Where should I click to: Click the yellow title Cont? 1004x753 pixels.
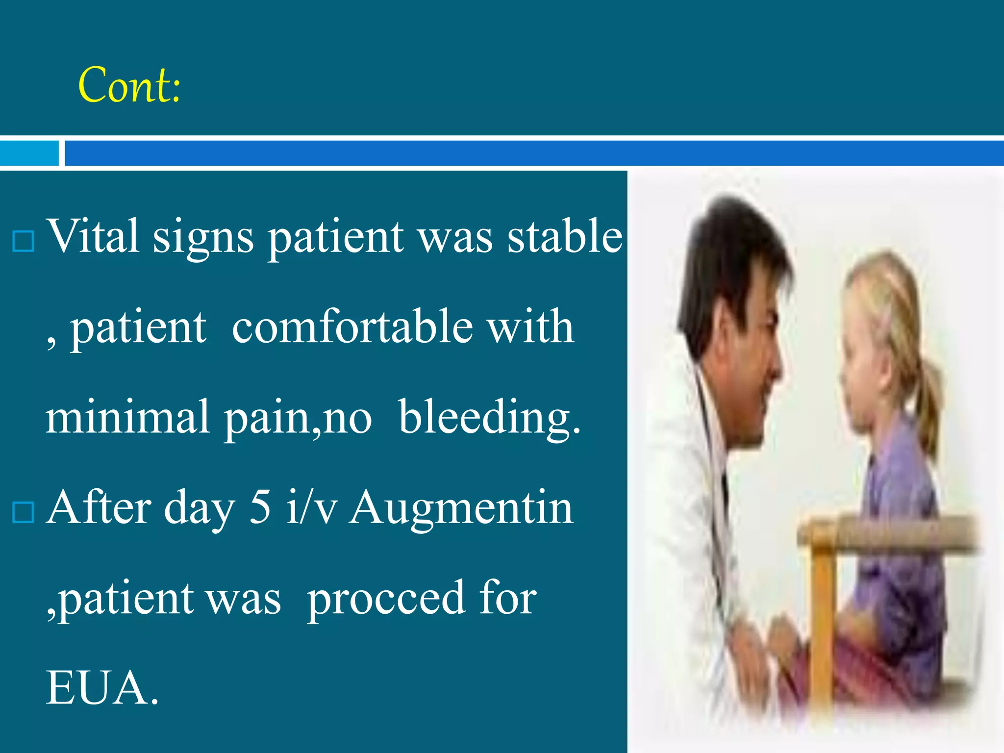(129, 85)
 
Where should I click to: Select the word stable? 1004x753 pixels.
(565, 236)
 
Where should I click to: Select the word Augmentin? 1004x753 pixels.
(461, 509)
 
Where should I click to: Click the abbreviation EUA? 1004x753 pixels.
(102, 688)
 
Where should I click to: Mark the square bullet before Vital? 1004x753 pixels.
(23, 242)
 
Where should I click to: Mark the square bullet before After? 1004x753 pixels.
(23, 512)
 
